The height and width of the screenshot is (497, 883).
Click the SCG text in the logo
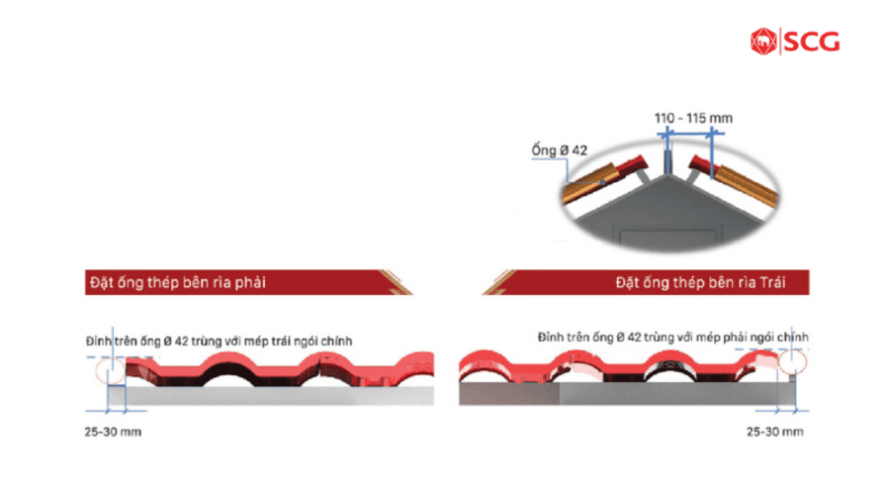click(x=812, y=42)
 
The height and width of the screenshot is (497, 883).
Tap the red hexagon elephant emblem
click(x=763, y=42)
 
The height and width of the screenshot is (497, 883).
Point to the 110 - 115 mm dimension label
click(x=693, y=118)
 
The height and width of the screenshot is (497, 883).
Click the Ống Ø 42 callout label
click(x=560, y=150)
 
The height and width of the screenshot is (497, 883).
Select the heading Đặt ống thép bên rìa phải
click(x=177, y=282)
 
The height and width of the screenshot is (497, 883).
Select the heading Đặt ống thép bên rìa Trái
click(x=700, y=282)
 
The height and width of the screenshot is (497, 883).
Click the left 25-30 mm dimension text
click(x=113, y=432)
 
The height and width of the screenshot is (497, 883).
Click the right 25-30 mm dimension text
click(x=775, y=432)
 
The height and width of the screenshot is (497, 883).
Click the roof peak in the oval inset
click(x=667, y=175)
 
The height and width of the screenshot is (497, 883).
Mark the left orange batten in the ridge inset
click(x=588, y=181)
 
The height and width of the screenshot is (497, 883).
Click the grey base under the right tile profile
click(x=627, y=393)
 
